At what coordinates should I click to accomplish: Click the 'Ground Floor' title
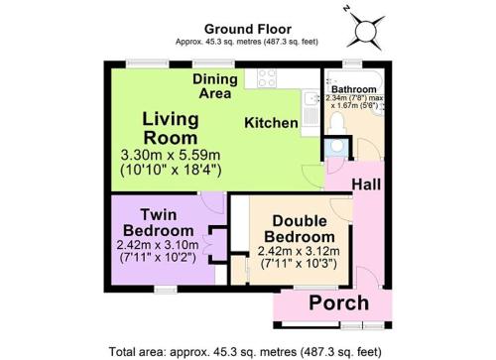click(x=248, y=29)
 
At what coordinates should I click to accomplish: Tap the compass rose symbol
click(x=365, y=30)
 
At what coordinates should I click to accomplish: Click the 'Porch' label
click(x=338, y=303)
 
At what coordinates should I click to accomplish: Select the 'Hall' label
click(x=366, y=184)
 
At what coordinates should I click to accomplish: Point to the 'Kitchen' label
click(x=271, y=123)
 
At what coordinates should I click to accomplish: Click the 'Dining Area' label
click(x=215, y=86)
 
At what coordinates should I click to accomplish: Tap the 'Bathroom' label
click(x=354, y=89)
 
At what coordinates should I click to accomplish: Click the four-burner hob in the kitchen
click(x=267, y=78)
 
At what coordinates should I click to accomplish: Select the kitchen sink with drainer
click(x=310, y=111)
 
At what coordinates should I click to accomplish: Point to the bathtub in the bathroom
click(x=353, y=78)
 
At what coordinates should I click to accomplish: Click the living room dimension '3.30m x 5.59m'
click(x=171, y=155)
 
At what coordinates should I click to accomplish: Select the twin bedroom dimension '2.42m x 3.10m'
click(x=158, y=245)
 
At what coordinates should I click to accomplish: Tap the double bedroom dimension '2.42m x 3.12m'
click(x=299, y=251)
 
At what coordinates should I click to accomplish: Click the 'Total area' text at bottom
click(x=245, y=351)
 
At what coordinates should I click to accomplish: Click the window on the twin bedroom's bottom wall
click(x=166, y=290)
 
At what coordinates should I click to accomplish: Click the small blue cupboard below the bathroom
click(x=336, y=148)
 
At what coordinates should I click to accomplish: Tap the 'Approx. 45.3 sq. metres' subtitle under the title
click(x=247, y=42)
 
